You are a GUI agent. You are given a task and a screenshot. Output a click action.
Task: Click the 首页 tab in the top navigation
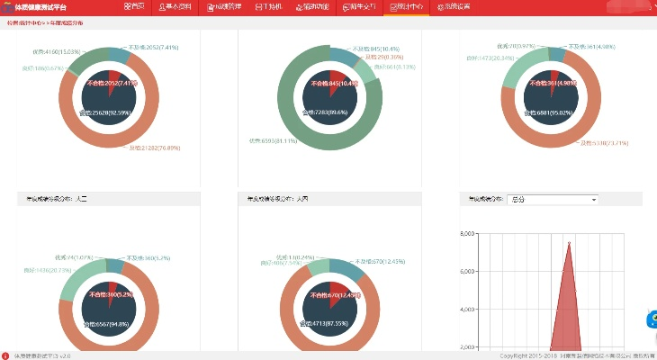134,6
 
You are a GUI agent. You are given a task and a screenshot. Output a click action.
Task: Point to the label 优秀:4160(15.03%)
57,51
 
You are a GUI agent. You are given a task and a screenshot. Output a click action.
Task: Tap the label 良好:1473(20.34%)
492,58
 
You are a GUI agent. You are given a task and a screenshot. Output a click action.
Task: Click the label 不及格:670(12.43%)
379,261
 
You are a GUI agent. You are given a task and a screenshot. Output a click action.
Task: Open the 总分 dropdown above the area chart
553,199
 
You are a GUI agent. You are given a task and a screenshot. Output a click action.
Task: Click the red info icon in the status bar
5,355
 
